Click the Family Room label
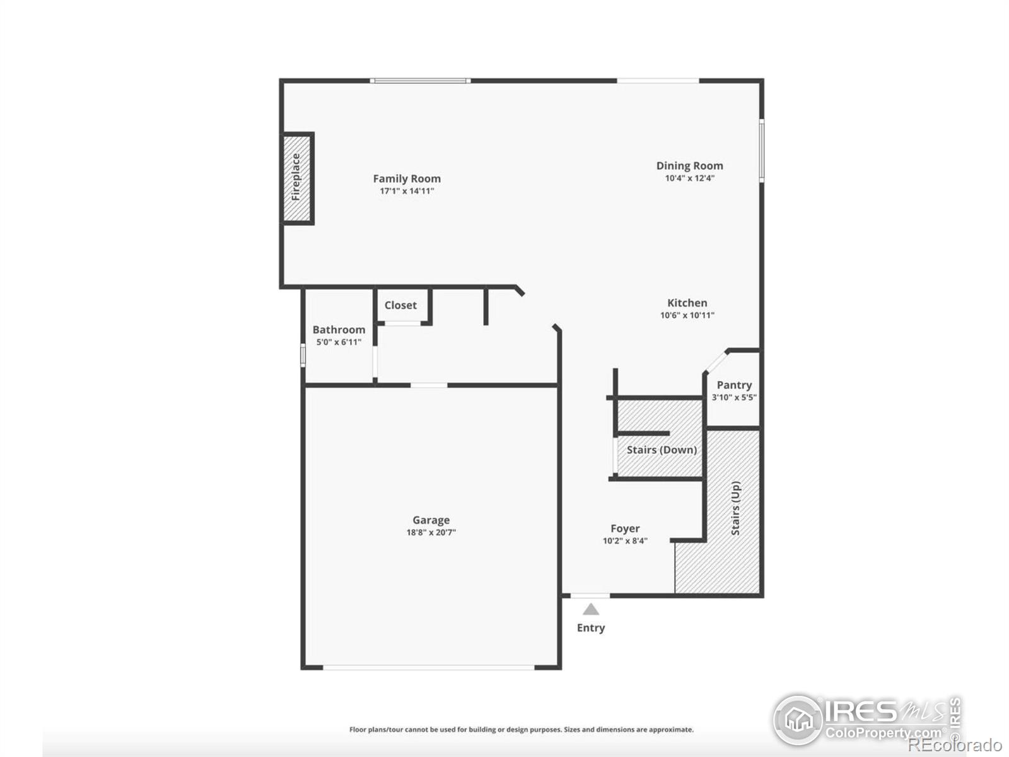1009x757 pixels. (x=407, y=179)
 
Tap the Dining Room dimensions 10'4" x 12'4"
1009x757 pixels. (x=689, y=179)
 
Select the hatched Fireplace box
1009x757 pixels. (x=296, y=178)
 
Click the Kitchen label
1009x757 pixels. (x=687, y=303)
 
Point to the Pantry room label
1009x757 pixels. (x=734, y=385)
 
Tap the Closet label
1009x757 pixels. (x=400, y=305)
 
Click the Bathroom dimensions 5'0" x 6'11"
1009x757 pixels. (x=339, y=343)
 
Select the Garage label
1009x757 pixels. (x=431, y=520)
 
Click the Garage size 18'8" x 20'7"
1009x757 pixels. (x=431, y=532)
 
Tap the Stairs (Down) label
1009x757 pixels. (x=662, y=450)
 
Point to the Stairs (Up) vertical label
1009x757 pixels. (x=735, y=508)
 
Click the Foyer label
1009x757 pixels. (x=625, y=529)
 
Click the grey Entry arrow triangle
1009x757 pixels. (x=591, y=609)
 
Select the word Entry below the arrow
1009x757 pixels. (x=591, y=628)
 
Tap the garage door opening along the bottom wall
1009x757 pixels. (x=429, y=667)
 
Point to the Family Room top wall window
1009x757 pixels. (x=420, y=81)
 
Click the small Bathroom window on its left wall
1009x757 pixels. (x=303, y=355)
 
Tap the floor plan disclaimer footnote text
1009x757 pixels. (x=521, y=729)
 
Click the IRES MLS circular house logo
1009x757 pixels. (x=798, y=720)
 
